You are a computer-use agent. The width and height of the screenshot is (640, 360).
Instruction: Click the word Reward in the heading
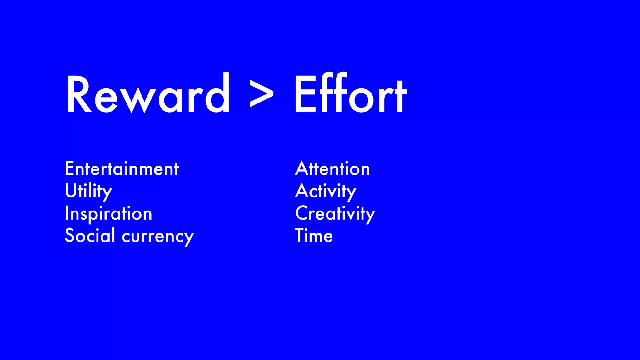point(148,94)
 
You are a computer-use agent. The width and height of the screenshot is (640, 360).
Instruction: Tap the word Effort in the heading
point(350,94)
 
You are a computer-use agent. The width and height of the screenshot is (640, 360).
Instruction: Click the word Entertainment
point(122,169)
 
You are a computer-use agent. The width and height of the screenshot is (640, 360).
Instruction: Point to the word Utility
point(88,191)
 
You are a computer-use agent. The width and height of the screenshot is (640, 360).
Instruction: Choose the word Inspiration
point(108,214)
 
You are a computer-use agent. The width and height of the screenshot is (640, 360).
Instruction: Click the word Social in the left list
point(90,235)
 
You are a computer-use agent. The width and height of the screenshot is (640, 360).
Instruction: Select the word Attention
point(332,169)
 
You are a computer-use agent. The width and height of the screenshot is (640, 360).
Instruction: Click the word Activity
point(326,191)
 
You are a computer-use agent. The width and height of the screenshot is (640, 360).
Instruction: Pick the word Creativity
point(335,214)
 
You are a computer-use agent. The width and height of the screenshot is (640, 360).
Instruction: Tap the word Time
point(314,236)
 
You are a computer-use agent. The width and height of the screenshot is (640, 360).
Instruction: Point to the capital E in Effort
point(305,94)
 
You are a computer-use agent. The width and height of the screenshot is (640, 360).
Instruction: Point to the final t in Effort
point(399,95)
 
